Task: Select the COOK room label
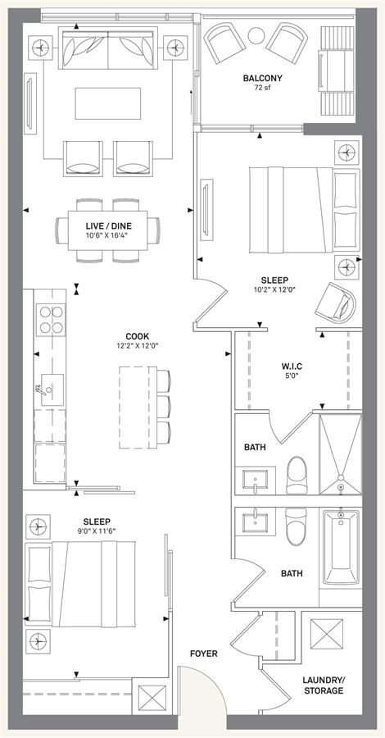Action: point(138,336)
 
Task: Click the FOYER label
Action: point(203,654)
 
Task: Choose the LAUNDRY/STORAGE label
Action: point(323,686)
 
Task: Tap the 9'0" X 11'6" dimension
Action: point(96,531)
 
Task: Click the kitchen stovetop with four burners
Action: point(50,319)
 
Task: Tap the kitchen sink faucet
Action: point(39,389)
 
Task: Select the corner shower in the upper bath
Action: point(340,453)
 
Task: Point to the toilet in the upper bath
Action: point(297,475)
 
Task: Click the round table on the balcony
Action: point(256,35)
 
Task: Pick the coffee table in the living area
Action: point(107,103)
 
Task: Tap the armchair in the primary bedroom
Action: point(337,302)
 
